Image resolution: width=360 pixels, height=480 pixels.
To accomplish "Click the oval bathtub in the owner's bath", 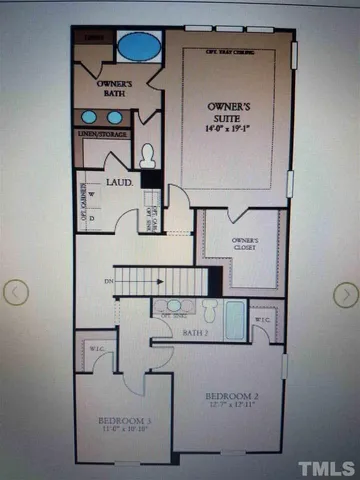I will click(139, 46).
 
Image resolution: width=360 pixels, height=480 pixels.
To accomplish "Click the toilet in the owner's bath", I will click(148, 155).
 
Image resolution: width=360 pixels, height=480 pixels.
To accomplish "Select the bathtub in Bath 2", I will click(233, 320).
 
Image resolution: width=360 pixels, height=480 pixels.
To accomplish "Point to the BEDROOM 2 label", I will click(231, 396).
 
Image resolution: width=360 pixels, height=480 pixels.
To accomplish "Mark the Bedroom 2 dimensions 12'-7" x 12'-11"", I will click(232, 406).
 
